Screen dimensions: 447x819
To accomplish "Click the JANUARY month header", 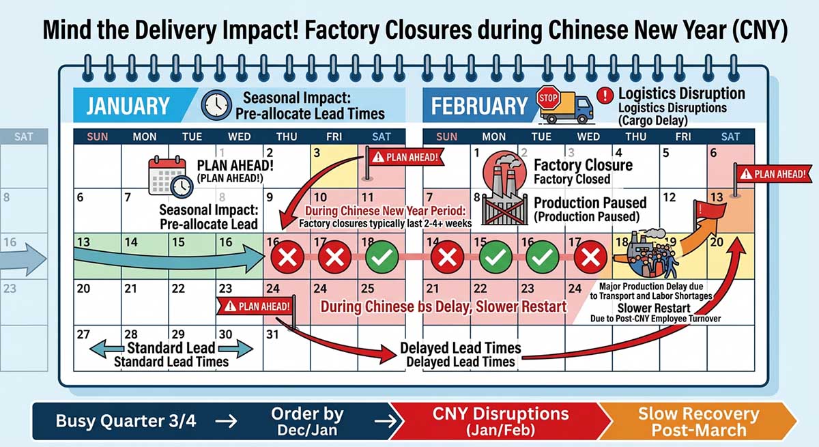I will click(x=128, y=106).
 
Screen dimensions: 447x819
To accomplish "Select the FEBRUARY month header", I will click(x=479, y=106).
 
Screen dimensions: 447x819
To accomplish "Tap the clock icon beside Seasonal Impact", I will click(x=216, y=104).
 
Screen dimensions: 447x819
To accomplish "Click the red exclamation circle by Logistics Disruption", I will click(x=604, y=96).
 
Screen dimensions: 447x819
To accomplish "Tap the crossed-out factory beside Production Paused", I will click(x=504, y=207).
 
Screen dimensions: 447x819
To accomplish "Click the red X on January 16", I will click(x=287, y=259).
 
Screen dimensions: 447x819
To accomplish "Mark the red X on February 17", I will click(x=590, y=259).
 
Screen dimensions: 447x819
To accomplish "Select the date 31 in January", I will click(x=273, y=335).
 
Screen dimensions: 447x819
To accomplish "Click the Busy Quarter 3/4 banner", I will click(x=126, y=421).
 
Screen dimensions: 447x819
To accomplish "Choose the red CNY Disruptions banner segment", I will click(x=501, y=421).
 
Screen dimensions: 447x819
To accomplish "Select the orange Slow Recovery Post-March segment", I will click(x=698, y=421).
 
